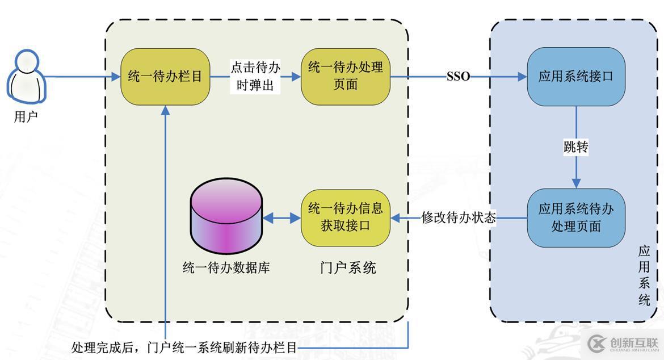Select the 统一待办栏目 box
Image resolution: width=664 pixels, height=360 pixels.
[x=165, y=77]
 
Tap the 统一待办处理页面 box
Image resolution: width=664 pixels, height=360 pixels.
[x=346, y=76]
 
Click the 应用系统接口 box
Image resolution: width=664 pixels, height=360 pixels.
[x=576, y=77]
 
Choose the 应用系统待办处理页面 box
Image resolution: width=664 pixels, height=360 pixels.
[x=576, y=217]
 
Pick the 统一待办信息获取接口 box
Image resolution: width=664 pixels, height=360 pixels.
[x=346, y=217]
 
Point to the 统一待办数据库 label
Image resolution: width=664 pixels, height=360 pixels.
[x=226, y=267]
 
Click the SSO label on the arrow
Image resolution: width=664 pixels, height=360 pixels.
[x=458, y=77]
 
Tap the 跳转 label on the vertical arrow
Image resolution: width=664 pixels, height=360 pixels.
[x=576, y=148]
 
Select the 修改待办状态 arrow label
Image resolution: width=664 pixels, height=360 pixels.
[x=459, y=217]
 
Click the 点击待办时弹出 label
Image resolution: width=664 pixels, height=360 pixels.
[x=255, y=77]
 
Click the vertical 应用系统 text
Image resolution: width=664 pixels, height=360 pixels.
[x=644, y=275]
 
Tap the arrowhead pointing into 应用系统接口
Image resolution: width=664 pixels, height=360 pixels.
[x=522, y=77]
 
